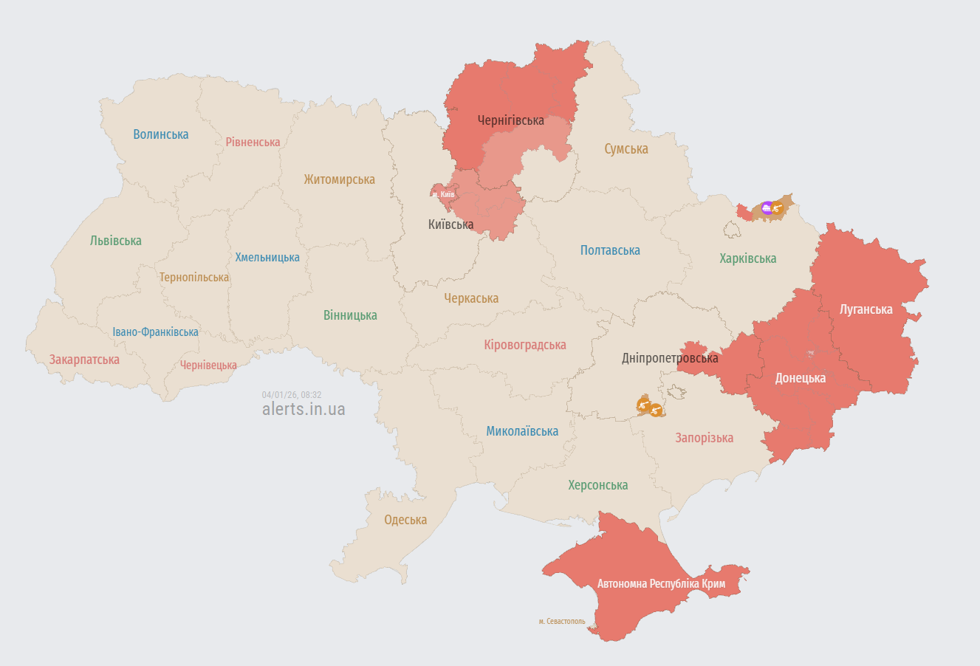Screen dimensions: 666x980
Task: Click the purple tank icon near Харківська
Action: tap(767, 208)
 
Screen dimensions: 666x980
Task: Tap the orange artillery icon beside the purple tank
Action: tap(776, 210)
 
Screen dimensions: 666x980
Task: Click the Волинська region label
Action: tap(161, 134)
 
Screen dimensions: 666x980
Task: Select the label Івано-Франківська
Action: tap(155, 332)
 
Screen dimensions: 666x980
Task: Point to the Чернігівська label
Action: tap(510, 120)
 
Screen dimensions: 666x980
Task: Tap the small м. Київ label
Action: tap(444, 194)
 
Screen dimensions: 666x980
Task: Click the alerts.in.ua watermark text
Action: tap(304, 409)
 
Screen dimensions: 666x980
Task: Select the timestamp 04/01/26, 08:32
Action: tap(291, 395)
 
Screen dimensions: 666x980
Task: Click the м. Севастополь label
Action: tap(561, 622)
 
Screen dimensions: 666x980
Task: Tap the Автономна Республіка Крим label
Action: tap(661, 583)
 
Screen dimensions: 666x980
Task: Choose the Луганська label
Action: tap(866, 309)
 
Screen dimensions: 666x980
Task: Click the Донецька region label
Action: tap(800, 378)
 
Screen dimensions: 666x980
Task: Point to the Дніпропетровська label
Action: tap(670, 358)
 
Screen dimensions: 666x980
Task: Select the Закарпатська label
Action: tap(84, 360)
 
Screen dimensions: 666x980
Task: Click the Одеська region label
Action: tap(405, 520)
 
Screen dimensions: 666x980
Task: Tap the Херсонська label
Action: tap(597, 485)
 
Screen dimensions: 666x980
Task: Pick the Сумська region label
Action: tap(626, 149)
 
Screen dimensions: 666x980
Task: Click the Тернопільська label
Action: tap(194, 278)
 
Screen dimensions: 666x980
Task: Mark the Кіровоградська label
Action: tap(525, 345)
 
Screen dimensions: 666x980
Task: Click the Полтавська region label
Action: tap(610, 250)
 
